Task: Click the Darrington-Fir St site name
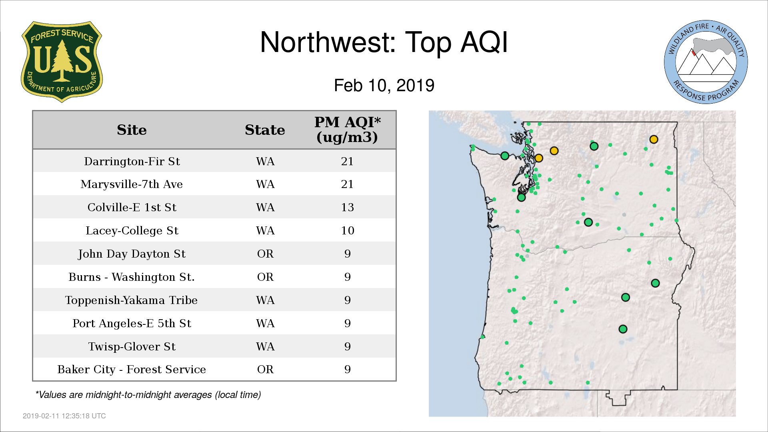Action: click(x=132, y=161)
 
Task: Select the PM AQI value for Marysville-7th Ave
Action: click(x=347, y=184)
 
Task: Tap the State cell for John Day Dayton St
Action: click(x=265, y=254)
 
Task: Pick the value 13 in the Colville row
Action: click(x=347, y=207)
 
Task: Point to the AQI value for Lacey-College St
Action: click(x=347, y=230)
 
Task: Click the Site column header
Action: click(x=132, y=130)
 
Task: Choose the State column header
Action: click(x=265, y=130)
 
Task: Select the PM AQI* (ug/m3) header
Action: click(x=347, y=130)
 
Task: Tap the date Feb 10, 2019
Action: click(x=384, y=86)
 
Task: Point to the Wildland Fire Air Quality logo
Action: click(x=706, y=62)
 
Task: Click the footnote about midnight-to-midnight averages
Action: click(x=148, y=395)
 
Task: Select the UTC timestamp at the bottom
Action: click(x=64, y=416)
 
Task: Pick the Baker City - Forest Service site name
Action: click(x=132, y=369)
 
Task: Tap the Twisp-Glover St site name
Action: click(x=132, y=346)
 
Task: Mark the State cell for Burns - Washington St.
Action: click(x=265, y=277)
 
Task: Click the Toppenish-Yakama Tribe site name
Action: click(x=131, y=300)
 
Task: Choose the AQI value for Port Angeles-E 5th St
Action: click(x=347, y=323)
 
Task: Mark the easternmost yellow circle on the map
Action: click(x=654, y=139)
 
